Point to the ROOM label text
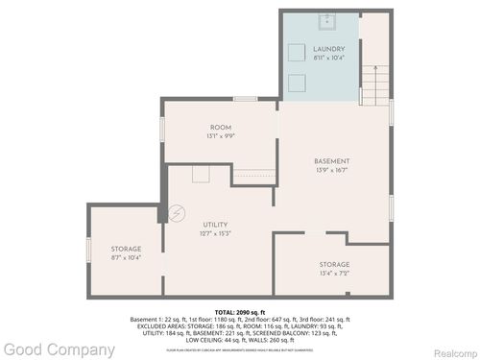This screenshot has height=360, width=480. (x=221, y=128)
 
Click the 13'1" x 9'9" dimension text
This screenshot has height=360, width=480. (x=221, y=137)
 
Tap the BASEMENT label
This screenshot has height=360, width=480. (x=331, y=160)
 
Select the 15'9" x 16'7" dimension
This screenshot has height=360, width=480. (x=331, y=170)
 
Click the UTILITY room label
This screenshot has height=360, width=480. (x=215, y=224)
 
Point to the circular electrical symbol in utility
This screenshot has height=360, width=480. (x=176, y=211)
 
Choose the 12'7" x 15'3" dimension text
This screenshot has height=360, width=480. (x=215, y=233)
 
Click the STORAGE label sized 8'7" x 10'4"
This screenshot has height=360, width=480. (x=125, y=249)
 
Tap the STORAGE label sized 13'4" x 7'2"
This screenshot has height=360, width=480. (x=334, y=264)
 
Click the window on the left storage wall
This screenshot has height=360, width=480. (x=88, y=250)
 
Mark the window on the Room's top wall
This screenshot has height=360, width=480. (x=246, y=99)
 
